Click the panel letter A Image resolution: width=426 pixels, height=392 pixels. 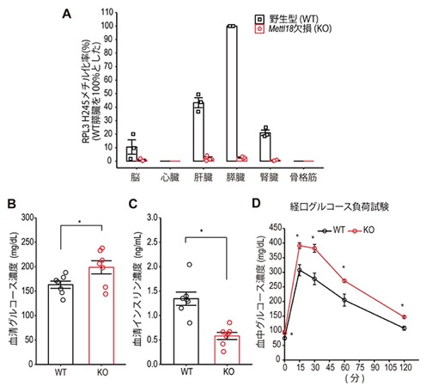coord(66,14)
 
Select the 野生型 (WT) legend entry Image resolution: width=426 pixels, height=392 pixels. coord(287,19)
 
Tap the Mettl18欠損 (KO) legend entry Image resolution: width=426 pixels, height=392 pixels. coord(293,28)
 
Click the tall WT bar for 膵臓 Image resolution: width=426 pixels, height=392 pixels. coord(232,94)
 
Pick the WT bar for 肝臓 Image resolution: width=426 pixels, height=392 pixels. coord(198,132)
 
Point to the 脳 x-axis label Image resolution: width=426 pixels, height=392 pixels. coord(135,178)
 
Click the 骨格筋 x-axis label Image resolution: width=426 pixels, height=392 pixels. coord(303,178)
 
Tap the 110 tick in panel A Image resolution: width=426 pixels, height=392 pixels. coord(107,12)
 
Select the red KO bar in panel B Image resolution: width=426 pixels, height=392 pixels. coord(101,315)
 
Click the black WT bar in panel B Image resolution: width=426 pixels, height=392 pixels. coord(60,324)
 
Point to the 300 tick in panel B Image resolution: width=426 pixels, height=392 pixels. coord(27,217)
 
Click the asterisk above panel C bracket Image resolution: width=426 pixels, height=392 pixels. coord(201,230)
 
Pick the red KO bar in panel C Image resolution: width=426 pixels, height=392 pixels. coord(227,350)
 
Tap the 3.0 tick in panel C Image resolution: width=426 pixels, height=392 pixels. coord(152,217)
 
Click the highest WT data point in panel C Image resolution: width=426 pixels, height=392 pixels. coord(190,265)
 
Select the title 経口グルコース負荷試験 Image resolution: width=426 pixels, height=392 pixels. coord(339,206)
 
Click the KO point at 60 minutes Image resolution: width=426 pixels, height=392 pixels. coord(344,281)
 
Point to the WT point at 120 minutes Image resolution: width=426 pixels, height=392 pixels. coord(404,328)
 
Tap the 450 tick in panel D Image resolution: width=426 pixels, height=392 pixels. coord(276,228)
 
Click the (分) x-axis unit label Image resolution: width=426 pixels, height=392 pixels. coord(355,378)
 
